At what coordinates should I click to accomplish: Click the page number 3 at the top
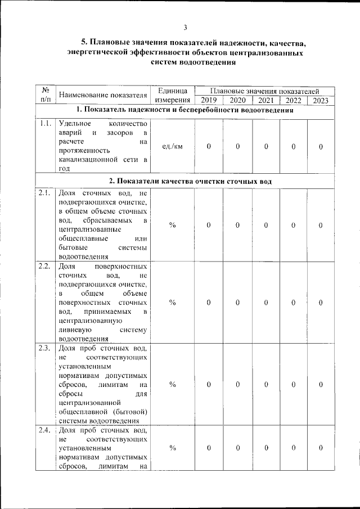click(185, 28)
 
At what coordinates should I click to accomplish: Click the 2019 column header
click(209, 101)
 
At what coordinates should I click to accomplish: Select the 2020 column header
click(237, 101)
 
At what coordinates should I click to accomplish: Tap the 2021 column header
click(265, 101)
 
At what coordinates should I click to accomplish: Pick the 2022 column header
click(293, 101)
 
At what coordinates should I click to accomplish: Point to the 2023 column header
click(321, 101)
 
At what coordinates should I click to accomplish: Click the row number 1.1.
click(46, 124)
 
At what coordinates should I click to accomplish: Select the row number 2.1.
click(46, 193)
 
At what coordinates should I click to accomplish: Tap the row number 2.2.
click(46, 266)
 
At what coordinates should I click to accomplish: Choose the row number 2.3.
click(46, 347)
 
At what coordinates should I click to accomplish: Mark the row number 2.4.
click(46, 430)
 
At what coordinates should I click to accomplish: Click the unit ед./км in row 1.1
click(172, 147)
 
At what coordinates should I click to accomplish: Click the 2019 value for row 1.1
click(209, 147)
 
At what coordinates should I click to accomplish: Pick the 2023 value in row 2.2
click(321, 303)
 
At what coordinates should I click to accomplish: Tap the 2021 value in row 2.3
click(265, 384)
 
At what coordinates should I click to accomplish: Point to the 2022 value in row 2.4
click(293, 448)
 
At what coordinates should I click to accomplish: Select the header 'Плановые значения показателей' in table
click(264, 90)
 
